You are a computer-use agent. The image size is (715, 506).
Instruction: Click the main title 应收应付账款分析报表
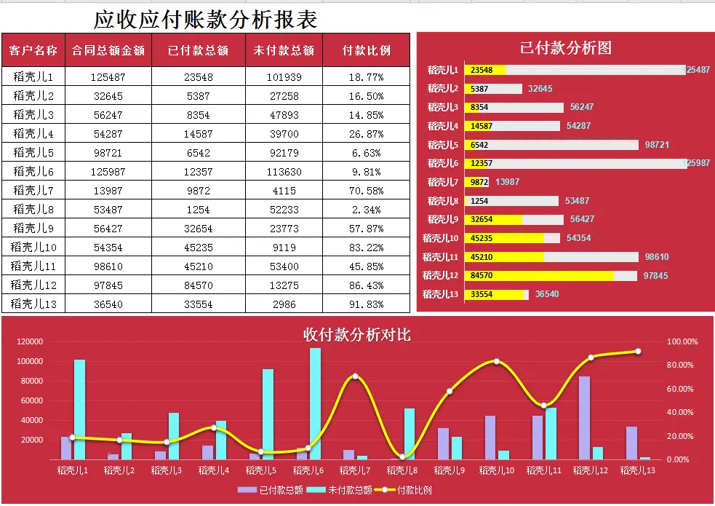tap(206, 19)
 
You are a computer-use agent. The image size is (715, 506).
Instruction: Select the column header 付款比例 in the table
tap(367, 50)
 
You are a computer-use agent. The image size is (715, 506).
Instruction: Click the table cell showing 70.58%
tap(366, 191)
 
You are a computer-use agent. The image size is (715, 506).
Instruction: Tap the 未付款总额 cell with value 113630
tap(284, 172)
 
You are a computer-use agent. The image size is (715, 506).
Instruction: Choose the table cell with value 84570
tap(198, 285)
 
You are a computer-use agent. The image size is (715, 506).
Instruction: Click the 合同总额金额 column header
tap(108, 50)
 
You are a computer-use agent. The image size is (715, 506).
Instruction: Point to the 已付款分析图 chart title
tap(565, 48)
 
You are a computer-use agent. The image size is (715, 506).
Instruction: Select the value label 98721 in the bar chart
tap(657, 145)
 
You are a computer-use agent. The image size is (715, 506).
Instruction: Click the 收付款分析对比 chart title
tap(356, 335)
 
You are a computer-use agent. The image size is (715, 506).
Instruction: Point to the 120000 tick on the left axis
tap(30, 341)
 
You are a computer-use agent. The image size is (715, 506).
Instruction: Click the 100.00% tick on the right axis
tap(682, 341)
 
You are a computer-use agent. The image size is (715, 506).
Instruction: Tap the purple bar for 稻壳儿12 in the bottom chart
tap(584, 418)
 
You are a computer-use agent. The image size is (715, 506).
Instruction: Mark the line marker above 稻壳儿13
tap(638, 352)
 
